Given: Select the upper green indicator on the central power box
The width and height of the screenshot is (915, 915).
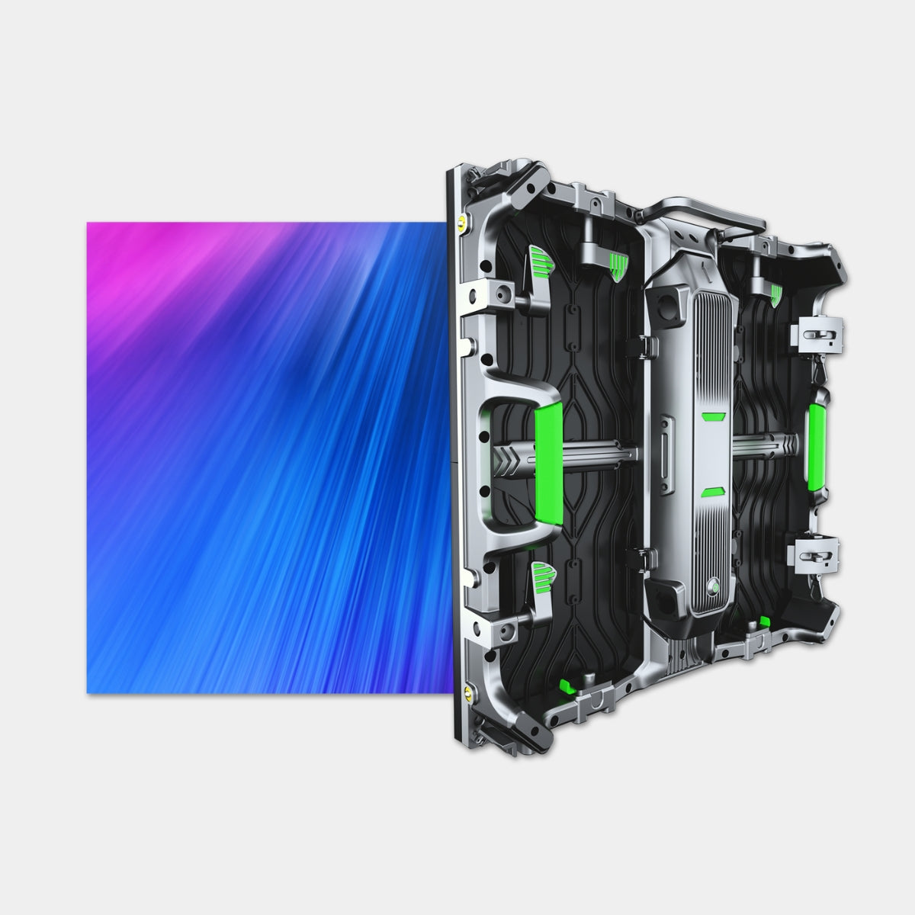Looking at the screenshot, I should pos(713,416).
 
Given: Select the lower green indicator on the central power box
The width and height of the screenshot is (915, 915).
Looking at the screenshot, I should pos(713,492).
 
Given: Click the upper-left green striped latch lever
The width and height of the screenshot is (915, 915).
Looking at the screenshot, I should pos(540,262).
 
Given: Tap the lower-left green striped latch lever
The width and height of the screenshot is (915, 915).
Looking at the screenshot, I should pos(541,573).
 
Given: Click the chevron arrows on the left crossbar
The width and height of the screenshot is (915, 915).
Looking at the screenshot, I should pos(509,461).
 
